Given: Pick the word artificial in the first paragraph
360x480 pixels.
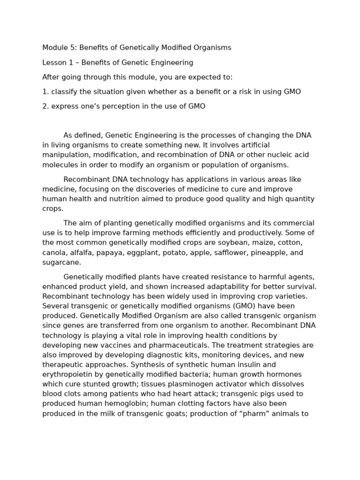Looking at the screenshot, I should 253,145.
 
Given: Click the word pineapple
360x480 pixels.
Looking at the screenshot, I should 269,253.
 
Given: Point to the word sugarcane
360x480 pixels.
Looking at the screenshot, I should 61,262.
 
